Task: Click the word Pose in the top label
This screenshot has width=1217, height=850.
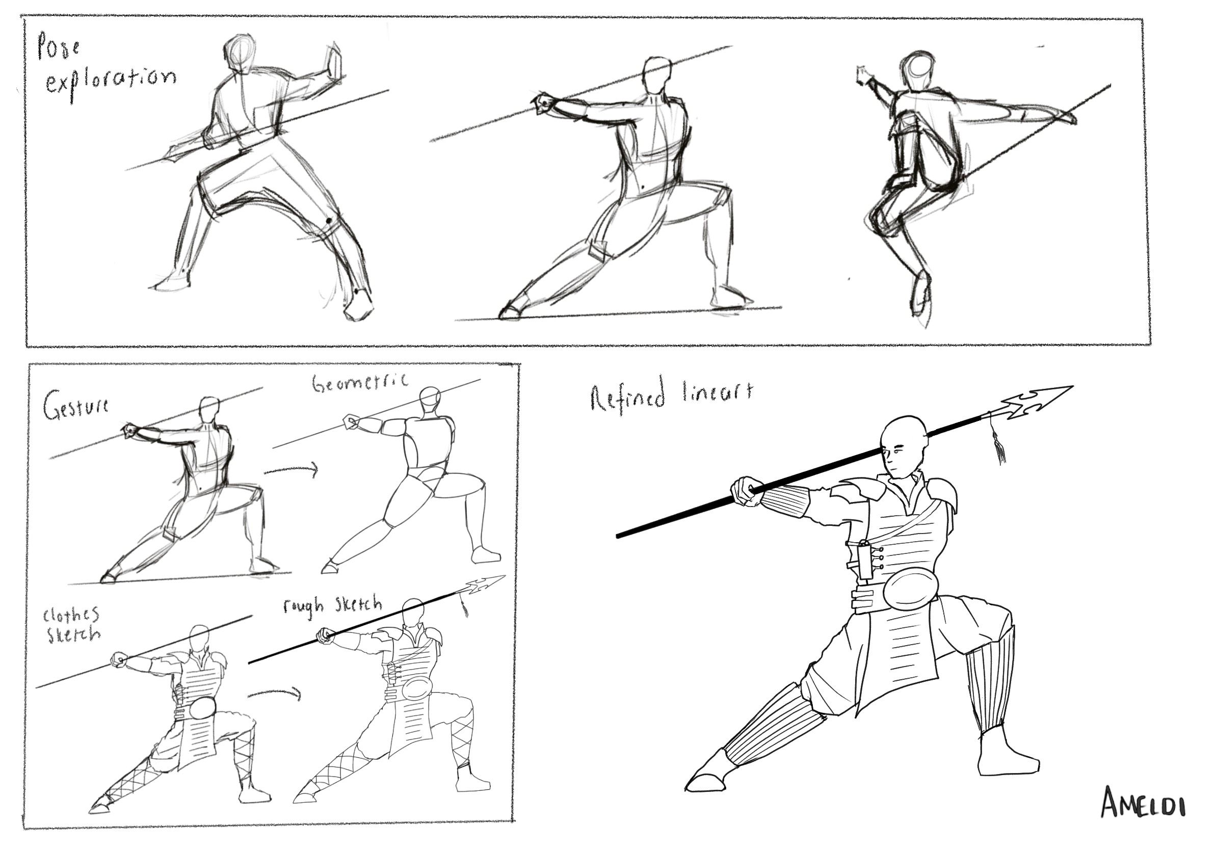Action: (x=59, y=48)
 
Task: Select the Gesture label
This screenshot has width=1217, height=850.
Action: (x=76, y=409)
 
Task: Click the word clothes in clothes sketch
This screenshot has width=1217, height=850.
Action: (x=71, y=615)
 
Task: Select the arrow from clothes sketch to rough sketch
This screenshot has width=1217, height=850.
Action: (x=274, y=693)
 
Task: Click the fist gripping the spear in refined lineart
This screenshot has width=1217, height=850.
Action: (x=745, y=491)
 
